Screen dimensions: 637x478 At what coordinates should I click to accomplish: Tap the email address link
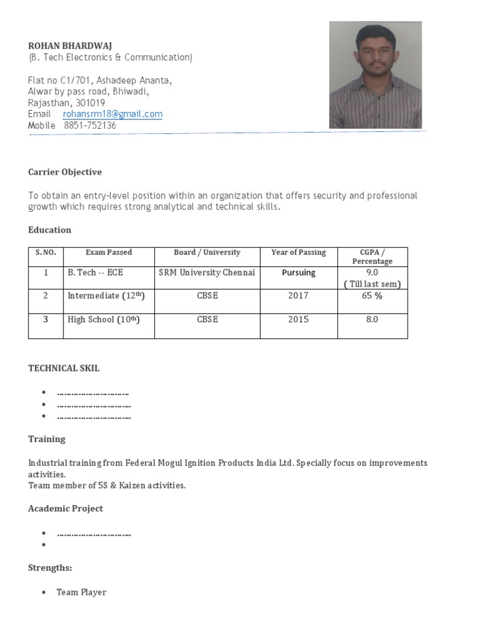pos(113,114)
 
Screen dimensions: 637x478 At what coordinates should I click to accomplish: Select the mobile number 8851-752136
pos(90,126)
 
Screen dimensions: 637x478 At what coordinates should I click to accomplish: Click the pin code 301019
pos(90,103)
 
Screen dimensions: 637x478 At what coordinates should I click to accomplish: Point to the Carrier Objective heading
pos(65,172)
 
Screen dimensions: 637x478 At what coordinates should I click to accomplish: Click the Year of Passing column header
pos(299,253)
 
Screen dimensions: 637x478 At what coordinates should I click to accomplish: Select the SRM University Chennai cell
pos(207,272)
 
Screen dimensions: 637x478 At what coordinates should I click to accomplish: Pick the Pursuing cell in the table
pos(299,272)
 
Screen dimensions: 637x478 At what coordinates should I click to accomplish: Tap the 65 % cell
pos(372,296)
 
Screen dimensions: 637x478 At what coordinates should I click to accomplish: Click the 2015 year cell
pos(298,320)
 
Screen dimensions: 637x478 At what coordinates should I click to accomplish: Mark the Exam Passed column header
pos(109,253)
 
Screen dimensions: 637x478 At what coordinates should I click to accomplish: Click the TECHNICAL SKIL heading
pos(63,368)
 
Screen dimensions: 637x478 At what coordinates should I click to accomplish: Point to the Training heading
pos(47,439)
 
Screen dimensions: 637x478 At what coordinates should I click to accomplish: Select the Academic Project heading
pos(65,509)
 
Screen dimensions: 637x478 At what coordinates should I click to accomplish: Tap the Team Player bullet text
pos(82,593)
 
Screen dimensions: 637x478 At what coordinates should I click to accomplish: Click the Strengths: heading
pos(50,568)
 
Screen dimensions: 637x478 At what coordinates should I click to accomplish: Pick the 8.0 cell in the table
pos(372,320)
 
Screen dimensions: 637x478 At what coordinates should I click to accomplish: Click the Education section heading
pos(50,230)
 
